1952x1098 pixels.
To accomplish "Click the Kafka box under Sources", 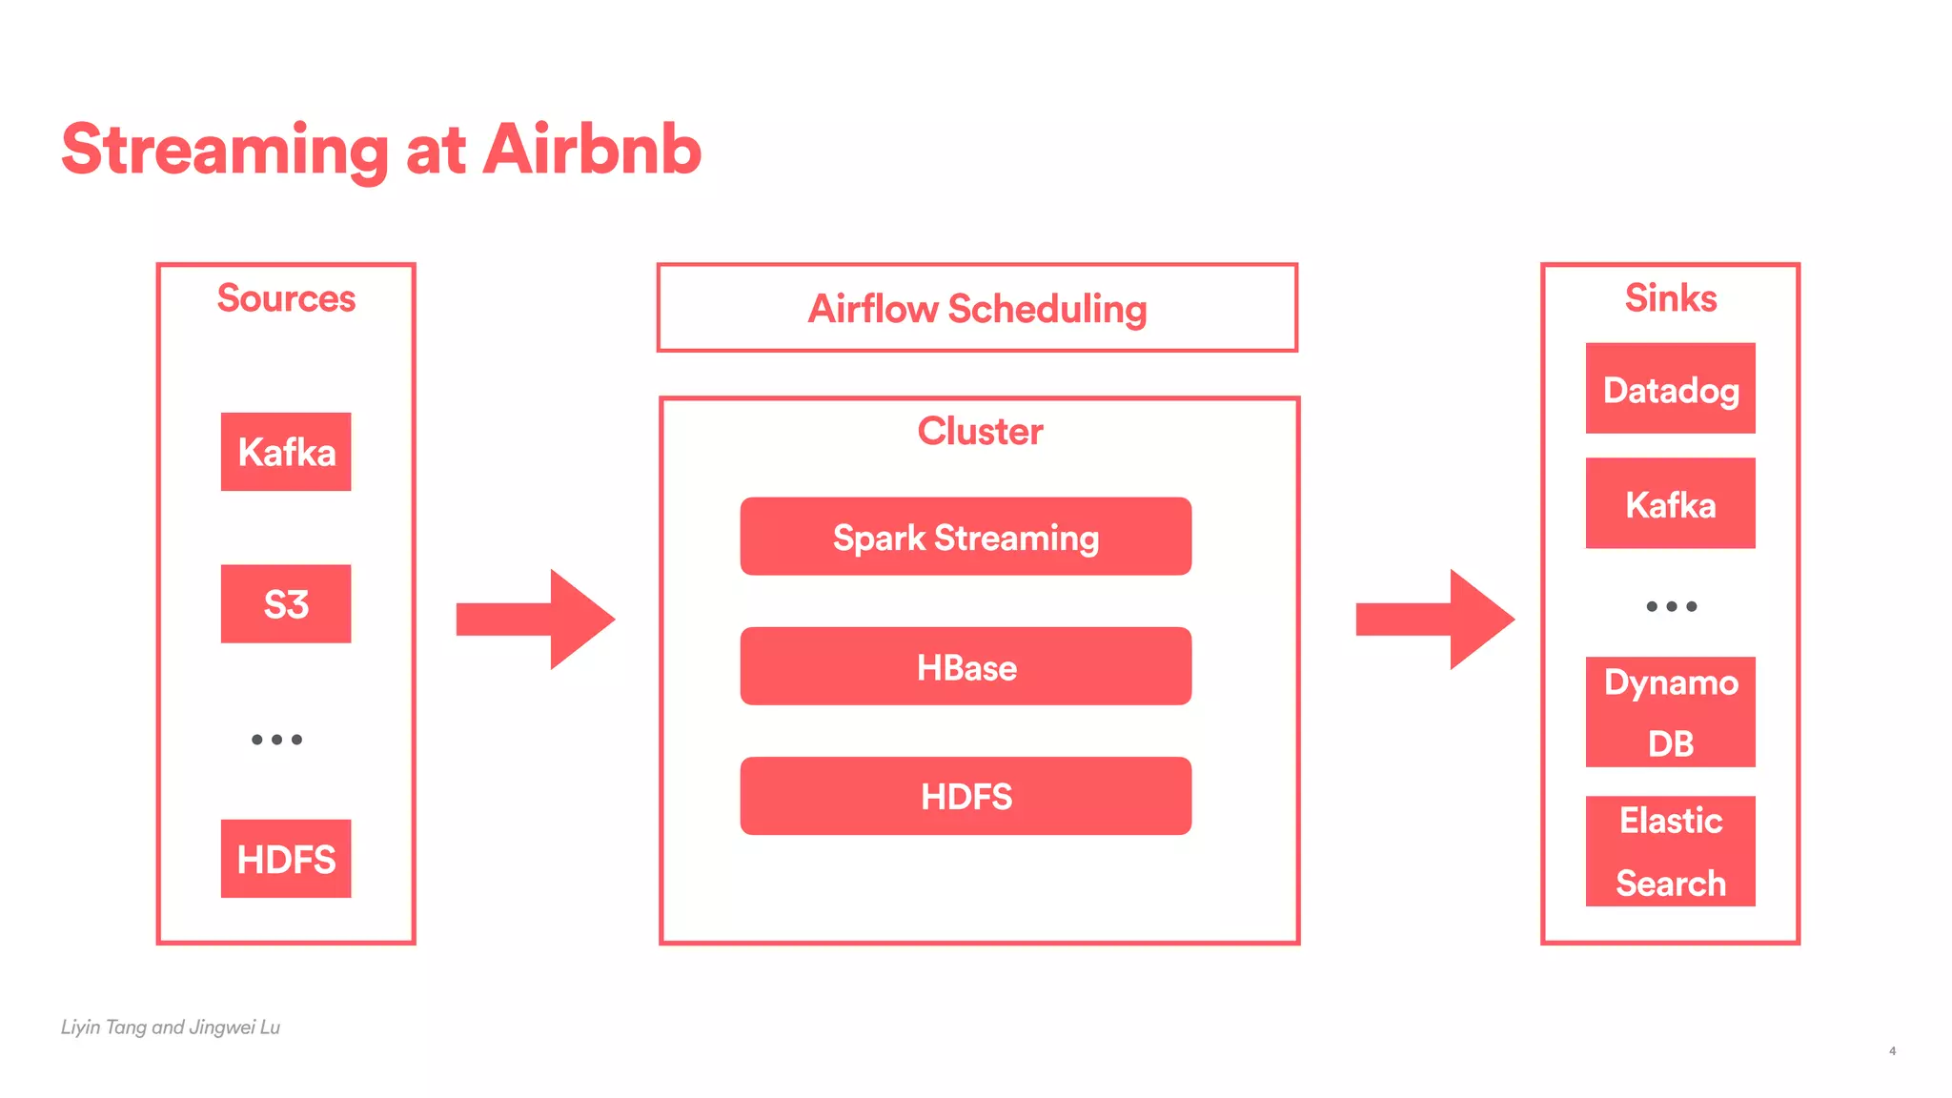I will click(286, 452).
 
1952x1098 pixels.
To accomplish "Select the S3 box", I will click(286, 603).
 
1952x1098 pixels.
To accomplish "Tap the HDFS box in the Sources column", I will click(286, 859).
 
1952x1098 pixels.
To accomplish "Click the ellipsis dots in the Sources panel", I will click(276, 740).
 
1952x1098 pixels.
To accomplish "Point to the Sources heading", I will click(286, 298).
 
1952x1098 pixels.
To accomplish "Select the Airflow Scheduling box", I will click(977, 308).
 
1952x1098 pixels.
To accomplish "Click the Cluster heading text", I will click(980, 432).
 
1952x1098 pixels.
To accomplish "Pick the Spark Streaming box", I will click(966, 537).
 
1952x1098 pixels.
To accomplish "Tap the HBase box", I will click(966, 666).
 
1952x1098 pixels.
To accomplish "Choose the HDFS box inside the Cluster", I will click(966, 796).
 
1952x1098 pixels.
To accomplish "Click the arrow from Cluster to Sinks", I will click(1434, 620).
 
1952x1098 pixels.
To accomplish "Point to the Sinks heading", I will click(1671, 298).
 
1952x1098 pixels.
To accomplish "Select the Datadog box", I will click(1671, 389).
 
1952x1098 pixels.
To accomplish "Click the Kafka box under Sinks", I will click(1671, 503).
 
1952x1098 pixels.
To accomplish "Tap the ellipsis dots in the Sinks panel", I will click(1671, 606).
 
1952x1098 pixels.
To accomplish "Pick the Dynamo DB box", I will click(1671, 712).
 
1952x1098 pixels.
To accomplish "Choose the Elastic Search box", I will click(1671, 851).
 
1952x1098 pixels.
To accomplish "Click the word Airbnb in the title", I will click(592, 150).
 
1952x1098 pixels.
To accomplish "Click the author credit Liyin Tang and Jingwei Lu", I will click(171, 1027).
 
